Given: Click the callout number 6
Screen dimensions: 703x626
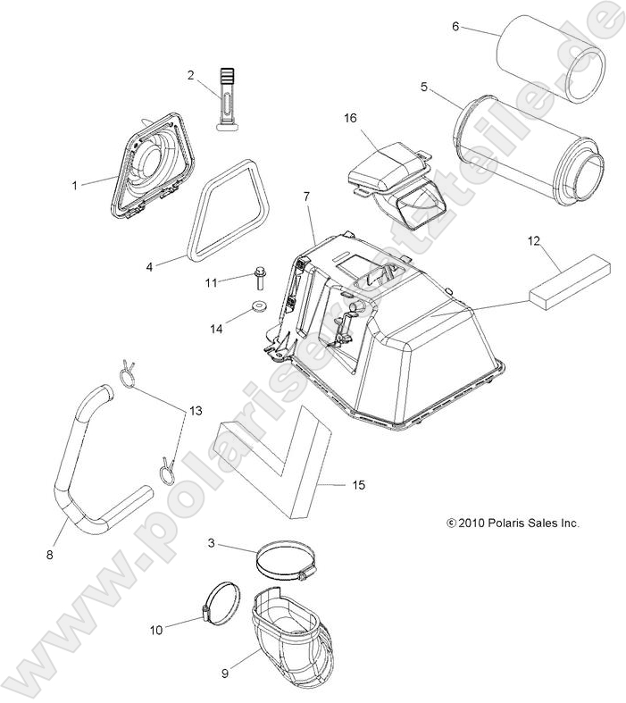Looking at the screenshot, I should (x=455, y=27).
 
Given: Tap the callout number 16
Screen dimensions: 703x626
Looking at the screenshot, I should (x=351, y=117).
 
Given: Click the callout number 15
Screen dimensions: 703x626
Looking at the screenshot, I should (x=357, y=485).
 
